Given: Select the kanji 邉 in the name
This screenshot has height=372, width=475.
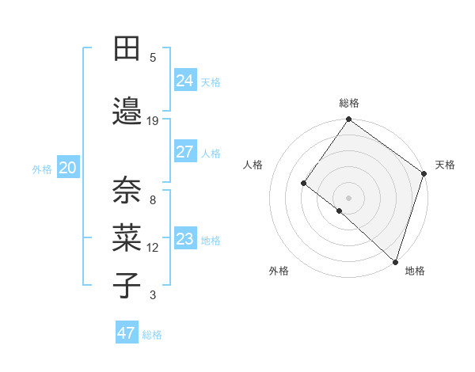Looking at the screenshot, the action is click(x=127, y=112).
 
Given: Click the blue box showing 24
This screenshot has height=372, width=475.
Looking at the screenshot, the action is click(x=184, y=81).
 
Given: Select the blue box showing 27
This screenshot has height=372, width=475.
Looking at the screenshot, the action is click(x=184, y=152).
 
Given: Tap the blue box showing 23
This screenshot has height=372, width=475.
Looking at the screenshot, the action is click(x=184, y=239).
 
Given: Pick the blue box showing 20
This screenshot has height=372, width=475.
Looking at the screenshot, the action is click(x=68, y=168).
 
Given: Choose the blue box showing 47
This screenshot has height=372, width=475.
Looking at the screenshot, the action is click(x=126, y=333).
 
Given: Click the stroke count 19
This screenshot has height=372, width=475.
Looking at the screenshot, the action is click(x=153, y=120).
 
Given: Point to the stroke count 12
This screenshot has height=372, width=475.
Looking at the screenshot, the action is click(x=153, y=248).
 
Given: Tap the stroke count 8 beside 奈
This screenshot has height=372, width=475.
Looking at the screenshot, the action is click(x=153, y=199).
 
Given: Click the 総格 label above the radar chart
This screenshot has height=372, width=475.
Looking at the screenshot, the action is click(x=348, y=103).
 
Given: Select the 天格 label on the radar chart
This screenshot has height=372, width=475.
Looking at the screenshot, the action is click(x=445, y=165).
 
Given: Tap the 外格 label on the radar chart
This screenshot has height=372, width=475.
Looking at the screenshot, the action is click(x=279, y=271).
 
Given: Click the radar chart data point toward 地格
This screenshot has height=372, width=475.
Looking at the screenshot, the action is click(x=395, y=261).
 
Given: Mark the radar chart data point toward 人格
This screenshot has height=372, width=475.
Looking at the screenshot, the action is click(x=303, y=183).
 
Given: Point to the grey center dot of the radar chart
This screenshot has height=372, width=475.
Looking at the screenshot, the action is click(x=348, y=197).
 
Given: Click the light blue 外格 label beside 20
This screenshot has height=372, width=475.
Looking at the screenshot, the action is click(x=42, y=169).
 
